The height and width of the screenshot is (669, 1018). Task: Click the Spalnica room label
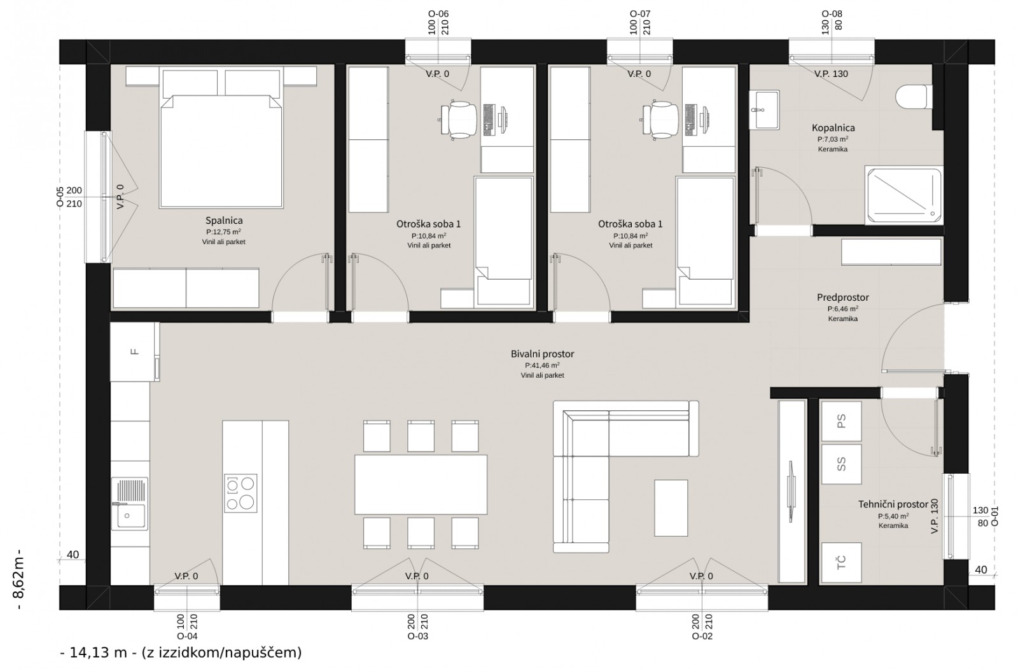pos(224,221)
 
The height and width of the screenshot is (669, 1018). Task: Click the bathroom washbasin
pos(764,110)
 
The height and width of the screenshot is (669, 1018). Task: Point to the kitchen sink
pos(130,504)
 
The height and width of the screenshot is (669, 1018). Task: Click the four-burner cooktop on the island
pos(241,493)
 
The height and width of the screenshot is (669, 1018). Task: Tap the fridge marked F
pos(134,352)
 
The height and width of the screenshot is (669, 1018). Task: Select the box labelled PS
pos(841,421)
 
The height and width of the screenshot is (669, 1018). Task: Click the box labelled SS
pos(841,464)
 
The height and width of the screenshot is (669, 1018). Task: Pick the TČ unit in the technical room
pos(841,562)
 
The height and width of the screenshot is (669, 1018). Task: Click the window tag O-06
pos(438,14)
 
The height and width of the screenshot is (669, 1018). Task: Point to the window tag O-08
pos(832,14)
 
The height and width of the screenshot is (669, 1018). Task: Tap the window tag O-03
pos(417,636)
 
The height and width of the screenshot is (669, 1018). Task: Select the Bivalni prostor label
pos(542,354)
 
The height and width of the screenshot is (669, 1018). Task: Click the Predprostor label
pos(842,298)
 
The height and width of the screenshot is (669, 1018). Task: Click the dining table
pos(421,485)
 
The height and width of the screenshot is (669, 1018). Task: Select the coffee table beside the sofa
pos(671,508)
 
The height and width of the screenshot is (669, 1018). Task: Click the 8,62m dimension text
pos(19,579)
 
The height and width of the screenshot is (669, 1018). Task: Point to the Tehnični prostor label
pos(893,504)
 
